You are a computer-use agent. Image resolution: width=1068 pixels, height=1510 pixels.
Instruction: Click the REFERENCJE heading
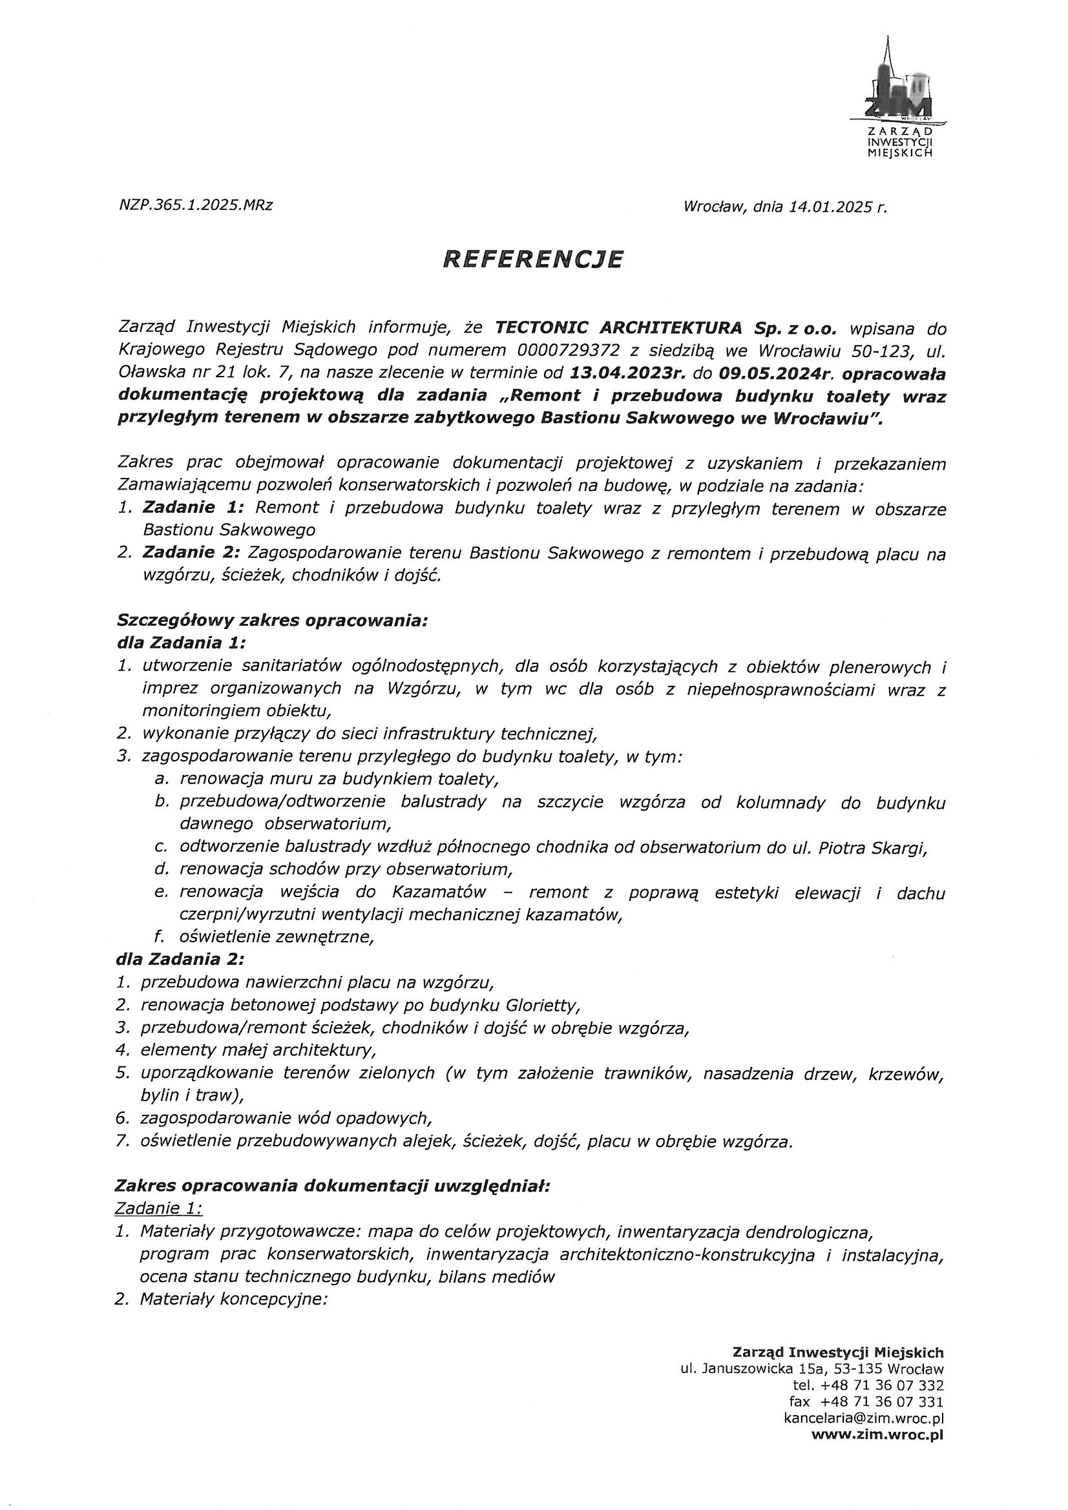(x=532, y=259)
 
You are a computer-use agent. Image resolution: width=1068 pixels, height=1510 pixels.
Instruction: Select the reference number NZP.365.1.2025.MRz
(x=195, y=205)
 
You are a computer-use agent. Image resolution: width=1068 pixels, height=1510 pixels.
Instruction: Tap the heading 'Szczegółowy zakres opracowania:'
(x=273, y=619)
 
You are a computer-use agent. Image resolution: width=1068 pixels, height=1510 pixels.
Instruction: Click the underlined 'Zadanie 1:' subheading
(x=158, y=1208)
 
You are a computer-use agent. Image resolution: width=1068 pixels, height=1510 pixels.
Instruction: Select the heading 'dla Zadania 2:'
(x=180, y=960)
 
